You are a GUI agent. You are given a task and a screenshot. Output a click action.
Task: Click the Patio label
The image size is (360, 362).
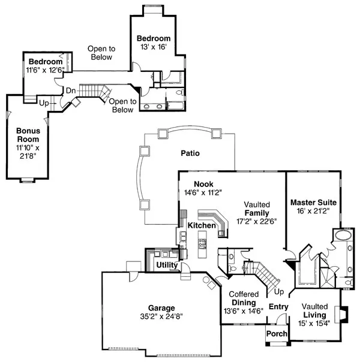tap(190, 153)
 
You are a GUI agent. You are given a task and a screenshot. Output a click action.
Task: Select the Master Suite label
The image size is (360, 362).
tap(313, 202)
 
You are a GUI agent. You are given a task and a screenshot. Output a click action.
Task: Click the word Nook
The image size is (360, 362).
tap(203, 184)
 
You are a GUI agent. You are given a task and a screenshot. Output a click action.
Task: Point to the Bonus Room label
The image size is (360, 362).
tap(28, 135)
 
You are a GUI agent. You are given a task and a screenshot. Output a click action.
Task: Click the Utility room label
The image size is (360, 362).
tap(166, 264)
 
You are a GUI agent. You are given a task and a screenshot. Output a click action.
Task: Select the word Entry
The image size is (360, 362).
tap(278, 307)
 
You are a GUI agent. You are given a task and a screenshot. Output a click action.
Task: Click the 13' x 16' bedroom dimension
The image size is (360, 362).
tap(154, 46)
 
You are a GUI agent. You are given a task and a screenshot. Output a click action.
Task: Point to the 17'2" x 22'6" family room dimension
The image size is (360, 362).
tap(256, 221)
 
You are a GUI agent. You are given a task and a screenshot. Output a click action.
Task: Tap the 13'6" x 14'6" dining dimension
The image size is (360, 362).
tap(243, 311)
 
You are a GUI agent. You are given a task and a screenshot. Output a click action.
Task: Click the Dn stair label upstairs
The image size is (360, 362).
tap(70, 91)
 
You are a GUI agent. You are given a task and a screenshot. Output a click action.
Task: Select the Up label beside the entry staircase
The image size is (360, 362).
tap(278, 292)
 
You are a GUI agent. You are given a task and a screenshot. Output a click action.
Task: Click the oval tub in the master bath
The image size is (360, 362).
tap(344, 235)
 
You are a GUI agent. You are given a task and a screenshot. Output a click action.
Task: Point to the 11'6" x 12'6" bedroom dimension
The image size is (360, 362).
tap(46, 70)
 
